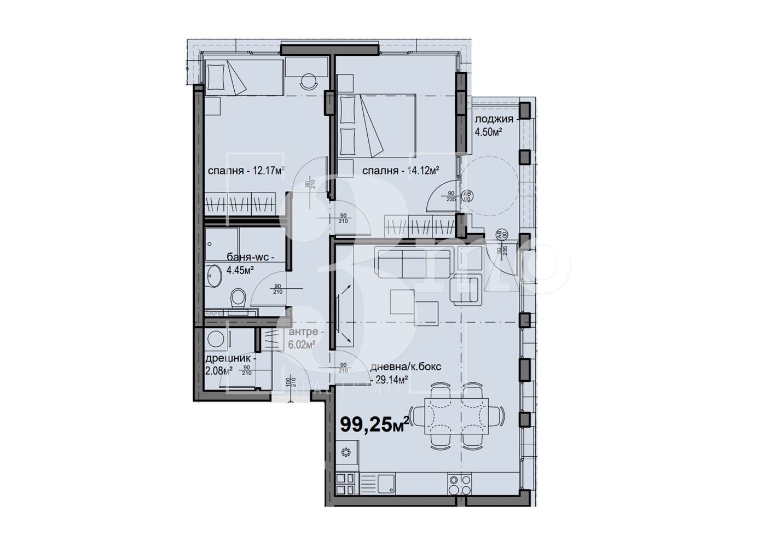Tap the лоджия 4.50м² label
coord(494,125)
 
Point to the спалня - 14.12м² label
coord(401,171)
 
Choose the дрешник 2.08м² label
coord(223,365)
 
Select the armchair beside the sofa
coord(466,290)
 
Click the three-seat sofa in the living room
coord(413,261)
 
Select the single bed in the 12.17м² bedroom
coord(245,77)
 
